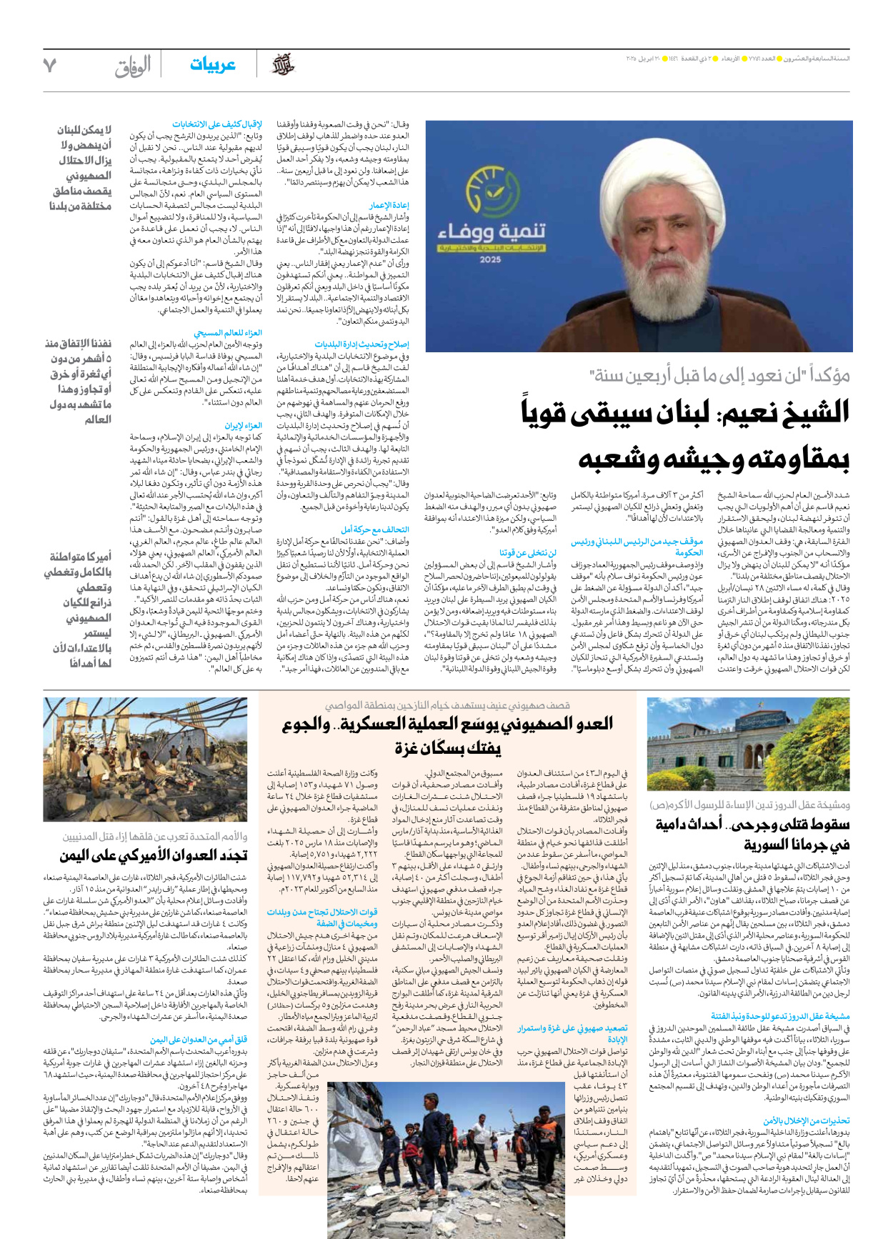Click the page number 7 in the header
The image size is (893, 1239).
tap(49, 65)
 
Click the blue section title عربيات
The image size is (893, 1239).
tap(212, 65)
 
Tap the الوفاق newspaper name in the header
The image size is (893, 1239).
tap(133, 66)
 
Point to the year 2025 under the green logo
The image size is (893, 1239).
tap(490, 259)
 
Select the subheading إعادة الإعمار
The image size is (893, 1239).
tap(389, 205)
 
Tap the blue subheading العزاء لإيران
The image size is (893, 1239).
tap(243, 426)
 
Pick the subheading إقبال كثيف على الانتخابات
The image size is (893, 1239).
tap(216, 124)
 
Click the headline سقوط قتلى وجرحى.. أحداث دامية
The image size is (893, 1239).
tap(752, 825)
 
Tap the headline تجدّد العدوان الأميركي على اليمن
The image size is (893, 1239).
tap(154, 855)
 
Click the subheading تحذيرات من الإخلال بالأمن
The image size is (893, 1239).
tap(806, 1120)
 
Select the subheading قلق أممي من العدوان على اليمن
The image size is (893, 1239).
tap(198, 1040)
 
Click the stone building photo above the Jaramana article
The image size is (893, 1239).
tap(749, 744)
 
